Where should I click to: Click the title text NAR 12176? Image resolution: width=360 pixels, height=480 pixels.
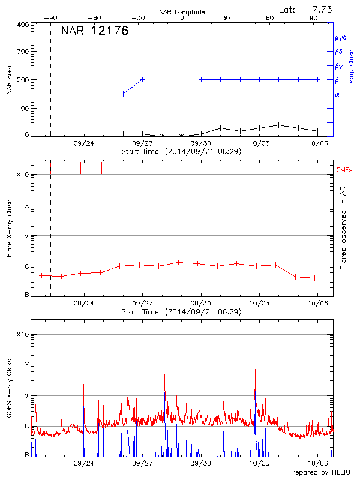click(95, 32)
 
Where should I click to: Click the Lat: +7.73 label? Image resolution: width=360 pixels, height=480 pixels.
click(306, 9)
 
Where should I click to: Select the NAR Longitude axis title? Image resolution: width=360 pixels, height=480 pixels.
click(182, 11)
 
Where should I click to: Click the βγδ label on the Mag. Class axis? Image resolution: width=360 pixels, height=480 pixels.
click(341, 37)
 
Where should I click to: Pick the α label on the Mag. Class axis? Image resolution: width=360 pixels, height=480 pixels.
click(337, 94)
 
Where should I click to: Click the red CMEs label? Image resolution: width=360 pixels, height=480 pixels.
click(346, 170)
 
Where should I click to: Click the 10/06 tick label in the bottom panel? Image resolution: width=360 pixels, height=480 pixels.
click(317, 464)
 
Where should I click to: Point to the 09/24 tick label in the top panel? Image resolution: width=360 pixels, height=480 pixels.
click(84, 143)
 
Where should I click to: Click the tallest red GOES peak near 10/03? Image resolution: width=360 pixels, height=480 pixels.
click(255, 370)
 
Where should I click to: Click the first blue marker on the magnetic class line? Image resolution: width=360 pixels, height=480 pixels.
click(123, 94)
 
